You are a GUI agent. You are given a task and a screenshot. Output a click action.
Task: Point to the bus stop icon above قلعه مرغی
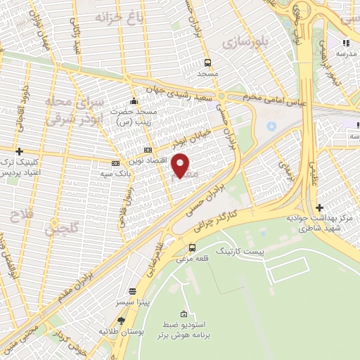pos(193,247)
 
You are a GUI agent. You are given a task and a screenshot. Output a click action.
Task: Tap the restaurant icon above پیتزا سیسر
pos(132,291)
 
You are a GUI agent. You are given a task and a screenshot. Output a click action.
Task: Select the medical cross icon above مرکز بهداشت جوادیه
pos(320,207)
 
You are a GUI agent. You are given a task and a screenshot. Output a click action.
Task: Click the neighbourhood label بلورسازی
pos(241,43)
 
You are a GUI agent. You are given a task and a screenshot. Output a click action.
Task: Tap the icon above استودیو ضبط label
pos(184,313)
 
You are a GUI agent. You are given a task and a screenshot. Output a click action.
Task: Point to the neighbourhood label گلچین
pos(62,229)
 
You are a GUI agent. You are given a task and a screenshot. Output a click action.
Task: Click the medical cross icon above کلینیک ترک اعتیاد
pos(19,151)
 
